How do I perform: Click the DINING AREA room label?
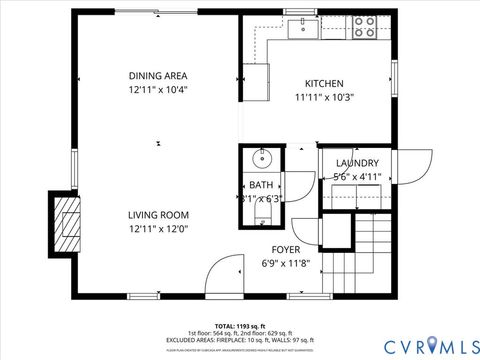click(158, 75)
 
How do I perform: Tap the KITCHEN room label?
click(324, 84)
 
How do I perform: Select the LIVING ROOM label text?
click(158, 215)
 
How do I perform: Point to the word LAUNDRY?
click(357, 163)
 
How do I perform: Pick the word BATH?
click(261, 185)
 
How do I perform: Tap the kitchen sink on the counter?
click(303, 28)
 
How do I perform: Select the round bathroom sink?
click(263, 158)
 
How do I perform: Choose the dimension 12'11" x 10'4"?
click(158, 89)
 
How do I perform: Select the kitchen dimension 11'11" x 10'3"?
click(324, 98)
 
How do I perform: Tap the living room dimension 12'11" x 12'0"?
click(158, 229)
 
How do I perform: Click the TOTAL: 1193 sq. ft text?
click(240, 325)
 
